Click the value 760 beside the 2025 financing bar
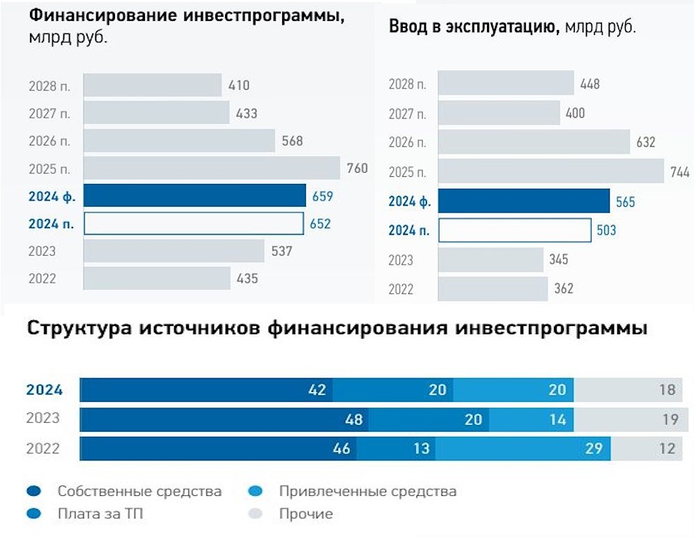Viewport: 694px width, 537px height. point(357,168)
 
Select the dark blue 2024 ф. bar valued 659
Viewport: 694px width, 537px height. point(194,196)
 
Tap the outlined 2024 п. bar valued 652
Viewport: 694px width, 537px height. point(194,224)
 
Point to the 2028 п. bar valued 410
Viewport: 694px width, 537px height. point(153,86)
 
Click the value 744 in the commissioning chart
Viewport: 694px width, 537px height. point(679,173)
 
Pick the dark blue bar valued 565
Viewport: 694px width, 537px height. point(524,201)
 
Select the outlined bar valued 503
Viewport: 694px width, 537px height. point(514,230)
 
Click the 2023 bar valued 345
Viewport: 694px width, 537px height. point(491,260)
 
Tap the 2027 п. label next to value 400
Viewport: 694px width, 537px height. point(407,114)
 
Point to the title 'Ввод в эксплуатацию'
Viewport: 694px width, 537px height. point(473,28)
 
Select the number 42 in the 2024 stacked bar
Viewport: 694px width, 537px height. point(317,390)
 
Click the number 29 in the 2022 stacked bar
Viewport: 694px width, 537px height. point(593,448)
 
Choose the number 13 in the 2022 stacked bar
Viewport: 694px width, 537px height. point(422,448)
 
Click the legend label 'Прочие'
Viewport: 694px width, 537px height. point(306,514)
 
